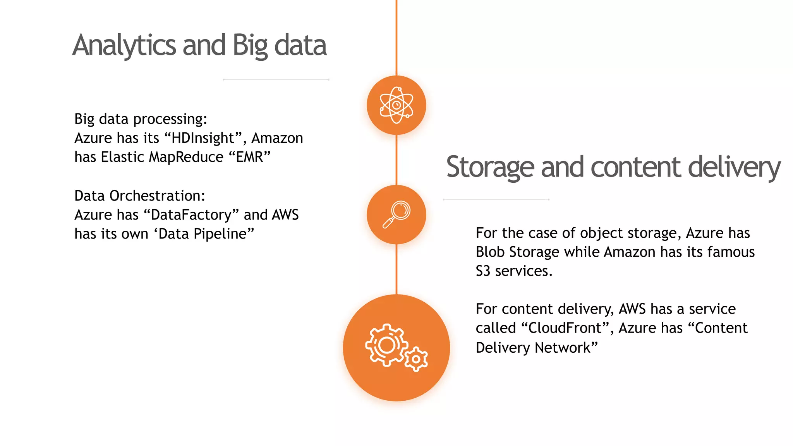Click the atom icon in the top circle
point(396,105)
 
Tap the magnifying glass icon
point(396,214)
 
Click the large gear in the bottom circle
point(386,345)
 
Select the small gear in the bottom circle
point(416,359)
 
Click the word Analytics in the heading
point(124,45)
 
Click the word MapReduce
point(186,157)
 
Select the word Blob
point(490,252)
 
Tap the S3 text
point(483,271)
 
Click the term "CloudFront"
point(565,328)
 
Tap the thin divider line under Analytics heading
point(276,80)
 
